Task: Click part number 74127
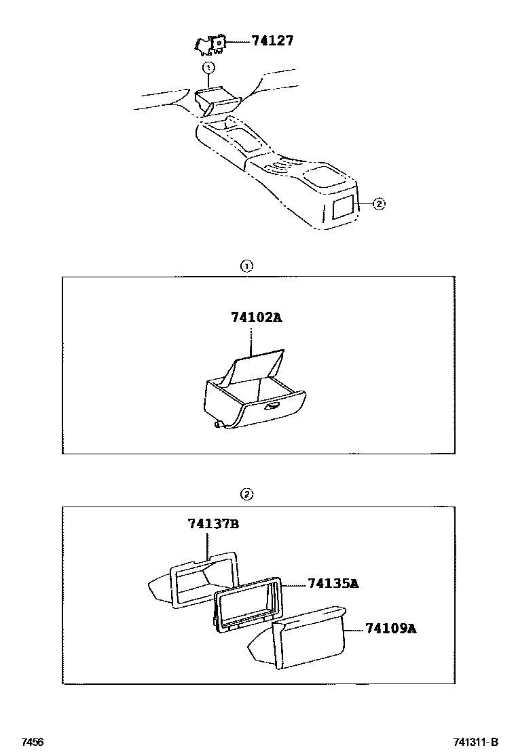coord(272,41)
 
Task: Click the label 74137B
coord(213,523)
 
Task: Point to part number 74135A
coord(333,583)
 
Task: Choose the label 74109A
coord(390,629)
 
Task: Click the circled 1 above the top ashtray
coord(208,67)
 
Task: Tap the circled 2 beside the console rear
coord(379,203)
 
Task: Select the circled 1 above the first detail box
coord(247,266)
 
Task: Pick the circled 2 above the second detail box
coord(247,494)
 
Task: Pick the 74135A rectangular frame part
coord(248,606)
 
